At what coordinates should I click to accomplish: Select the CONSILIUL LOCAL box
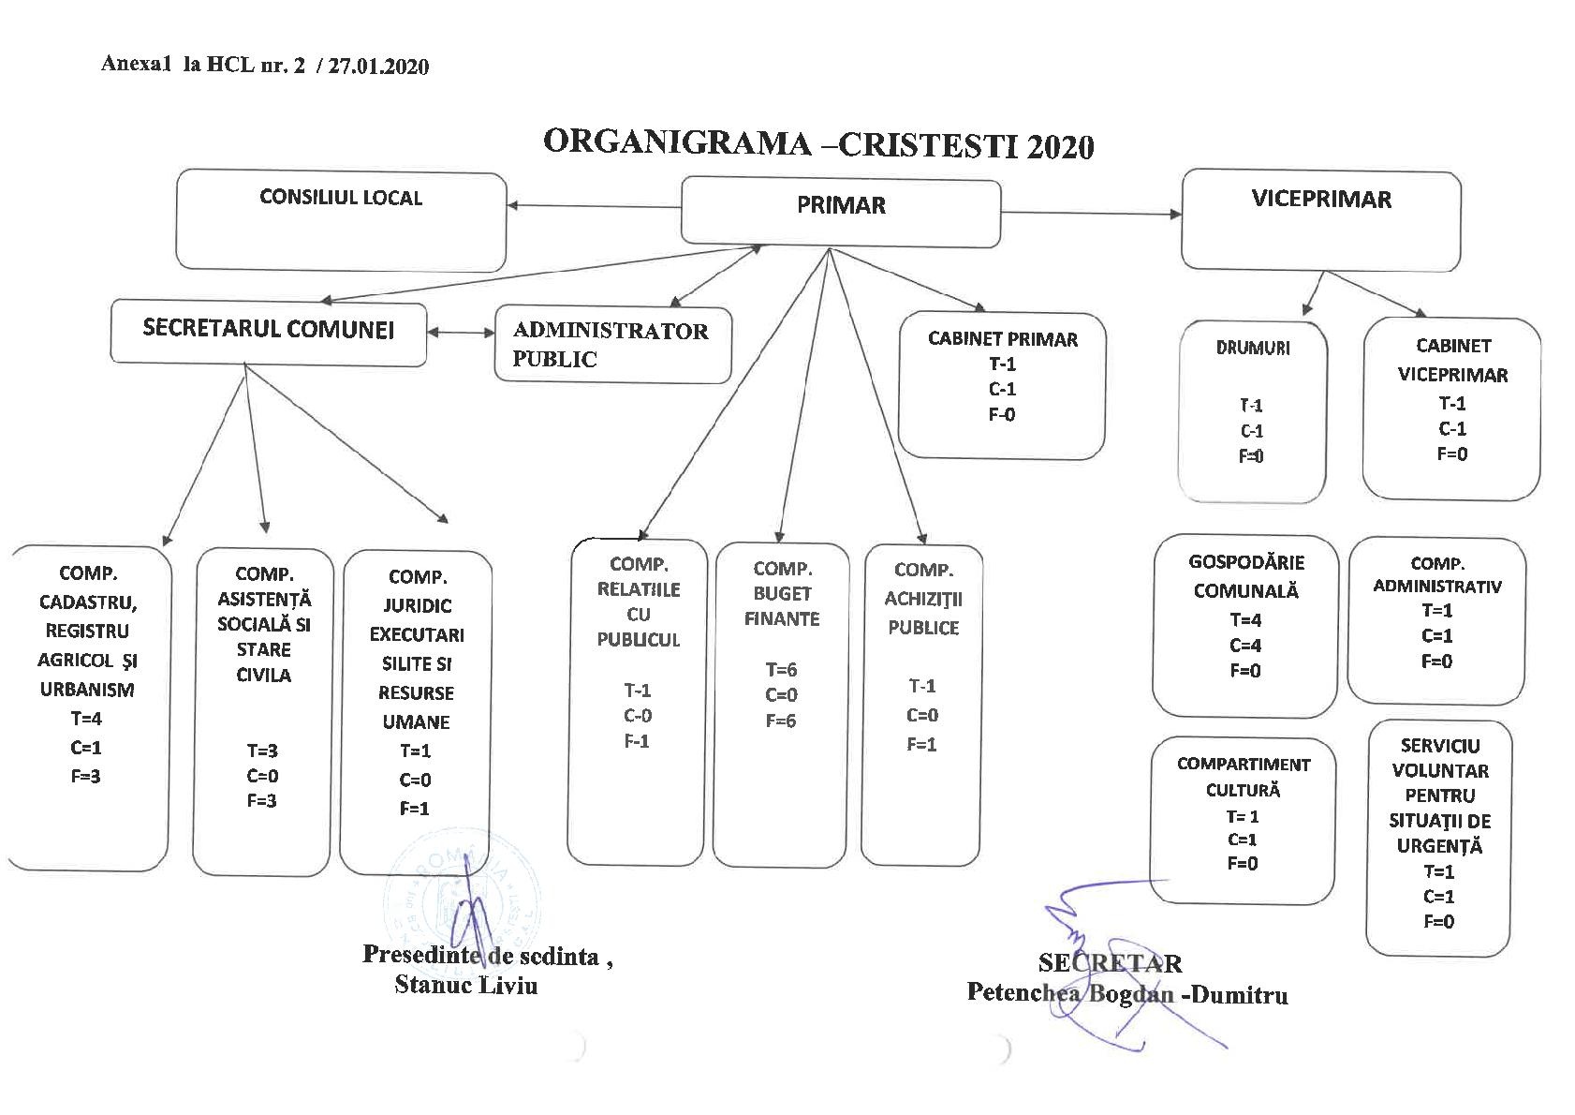341,221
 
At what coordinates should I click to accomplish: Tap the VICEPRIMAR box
1320,220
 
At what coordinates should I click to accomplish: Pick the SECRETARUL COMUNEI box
268,331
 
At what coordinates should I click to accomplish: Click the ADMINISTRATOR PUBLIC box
612,346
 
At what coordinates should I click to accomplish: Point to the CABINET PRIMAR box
1002,386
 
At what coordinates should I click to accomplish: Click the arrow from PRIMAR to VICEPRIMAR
1091,214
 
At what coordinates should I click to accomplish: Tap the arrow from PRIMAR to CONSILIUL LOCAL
594,206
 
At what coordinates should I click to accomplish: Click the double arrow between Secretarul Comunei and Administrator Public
461,332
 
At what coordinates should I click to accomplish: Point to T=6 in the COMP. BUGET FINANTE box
781,670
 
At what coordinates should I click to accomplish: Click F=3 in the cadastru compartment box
85,777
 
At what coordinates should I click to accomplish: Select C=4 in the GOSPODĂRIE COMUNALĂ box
1245,646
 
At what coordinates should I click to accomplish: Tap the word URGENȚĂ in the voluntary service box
1439,846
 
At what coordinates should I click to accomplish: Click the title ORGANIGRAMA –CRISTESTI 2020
817,144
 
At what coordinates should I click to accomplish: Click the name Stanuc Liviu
465,985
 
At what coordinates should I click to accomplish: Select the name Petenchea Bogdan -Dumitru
1126,994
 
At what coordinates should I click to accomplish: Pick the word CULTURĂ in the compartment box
1243,791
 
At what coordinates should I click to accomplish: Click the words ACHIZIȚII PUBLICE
923,614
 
